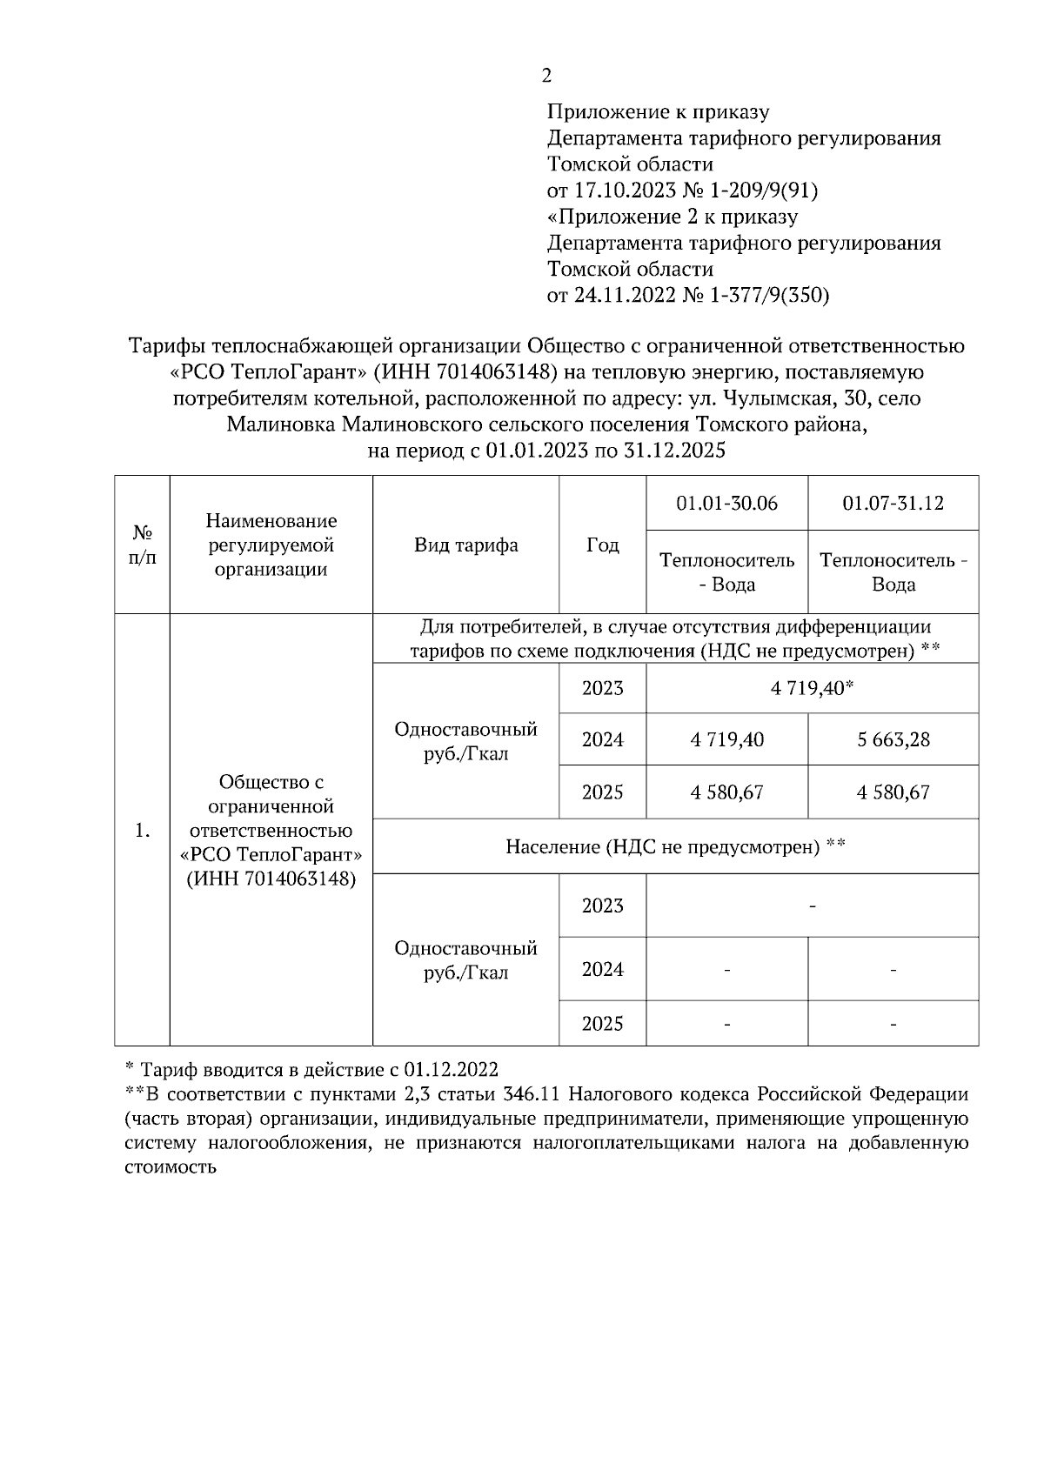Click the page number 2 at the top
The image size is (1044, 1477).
tap(546, 76)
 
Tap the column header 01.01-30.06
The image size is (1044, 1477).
tap(726, 504)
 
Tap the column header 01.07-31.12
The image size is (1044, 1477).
tap(893, 504)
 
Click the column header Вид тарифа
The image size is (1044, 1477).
tap(465, 545)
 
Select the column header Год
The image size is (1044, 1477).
tap(602, 545)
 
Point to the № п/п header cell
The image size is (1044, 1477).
tap(142, 545)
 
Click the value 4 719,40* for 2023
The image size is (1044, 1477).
tap(811, 689)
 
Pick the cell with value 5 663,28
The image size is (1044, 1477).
tap(893, 740)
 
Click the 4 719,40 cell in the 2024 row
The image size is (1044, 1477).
tap(726, 740)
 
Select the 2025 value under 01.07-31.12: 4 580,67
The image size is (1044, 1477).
tap(893, 792)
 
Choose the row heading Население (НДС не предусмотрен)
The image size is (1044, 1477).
tap(675, 846)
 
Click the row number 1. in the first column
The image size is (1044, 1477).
tap(142, 831)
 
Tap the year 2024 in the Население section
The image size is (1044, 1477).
tap(602, 970)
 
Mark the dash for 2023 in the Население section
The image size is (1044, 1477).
tap(812, 906)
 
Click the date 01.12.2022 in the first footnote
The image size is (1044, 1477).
tap(451, 1069)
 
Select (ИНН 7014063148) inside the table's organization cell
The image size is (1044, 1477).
tap(271, 879)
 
